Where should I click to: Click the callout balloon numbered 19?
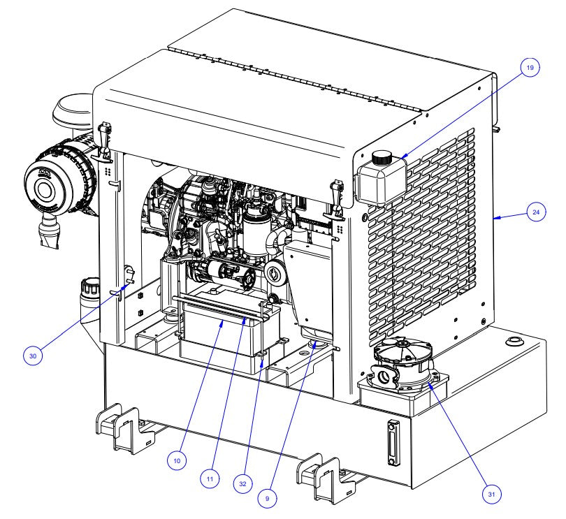click(x=530, y=68)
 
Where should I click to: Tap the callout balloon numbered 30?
click(x=32, y=355)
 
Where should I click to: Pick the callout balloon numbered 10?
click(x=177, y=460)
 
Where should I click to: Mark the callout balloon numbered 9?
click(x=267, y=498)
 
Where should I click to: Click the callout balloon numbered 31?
click(x=492, y=493)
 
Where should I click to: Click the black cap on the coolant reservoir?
click(x=381, y=158)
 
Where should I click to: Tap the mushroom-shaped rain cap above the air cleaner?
click(x=72, y=112)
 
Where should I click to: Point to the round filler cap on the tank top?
click(x=514, y=341)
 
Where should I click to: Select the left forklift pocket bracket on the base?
click(x=124, y=427)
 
